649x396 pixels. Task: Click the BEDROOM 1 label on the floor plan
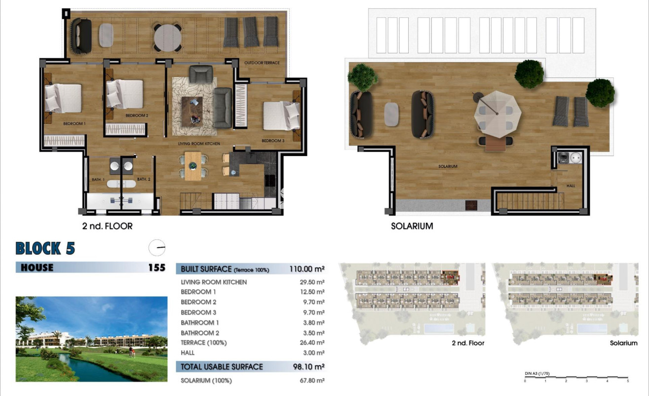(75, 123)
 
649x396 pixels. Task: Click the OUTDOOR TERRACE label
(262, 63)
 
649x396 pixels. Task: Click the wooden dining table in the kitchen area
(193, 165)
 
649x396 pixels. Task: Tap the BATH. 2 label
(143, 179)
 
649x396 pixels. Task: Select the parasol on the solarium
(497, 115)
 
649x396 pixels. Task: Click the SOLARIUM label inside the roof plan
(448, 166)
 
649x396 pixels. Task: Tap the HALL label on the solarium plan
(571, 186)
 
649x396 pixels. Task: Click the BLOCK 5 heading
(45, 248)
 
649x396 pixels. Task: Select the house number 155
(156, 268)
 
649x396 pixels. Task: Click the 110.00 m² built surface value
(306, 269)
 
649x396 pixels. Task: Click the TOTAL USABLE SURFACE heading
(222, 367)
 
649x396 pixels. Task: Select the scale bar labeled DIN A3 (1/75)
(576, 378)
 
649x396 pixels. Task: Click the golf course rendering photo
(91, 339)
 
